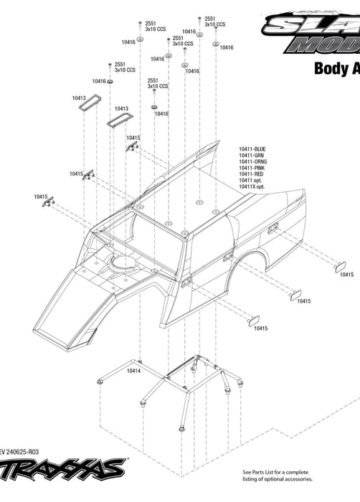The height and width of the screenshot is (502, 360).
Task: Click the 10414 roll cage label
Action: (133, 371)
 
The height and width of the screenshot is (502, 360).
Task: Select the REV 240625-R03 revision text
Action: (29, 452)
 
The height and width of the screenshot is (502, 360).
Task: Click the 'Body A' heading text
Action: (336, 70)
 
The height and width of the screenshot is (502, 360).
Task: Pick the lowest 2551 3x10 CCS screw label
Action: (158, 83)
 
